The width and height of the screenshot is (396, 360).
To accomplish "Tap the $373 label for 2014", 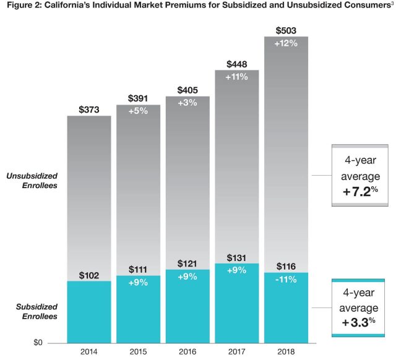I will (90, 109).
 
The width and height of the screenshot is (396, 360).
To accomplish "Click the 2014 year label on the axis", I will (90, 351).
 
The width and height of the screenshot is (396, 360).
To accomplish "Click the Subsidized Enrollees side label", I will (37, 311).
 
